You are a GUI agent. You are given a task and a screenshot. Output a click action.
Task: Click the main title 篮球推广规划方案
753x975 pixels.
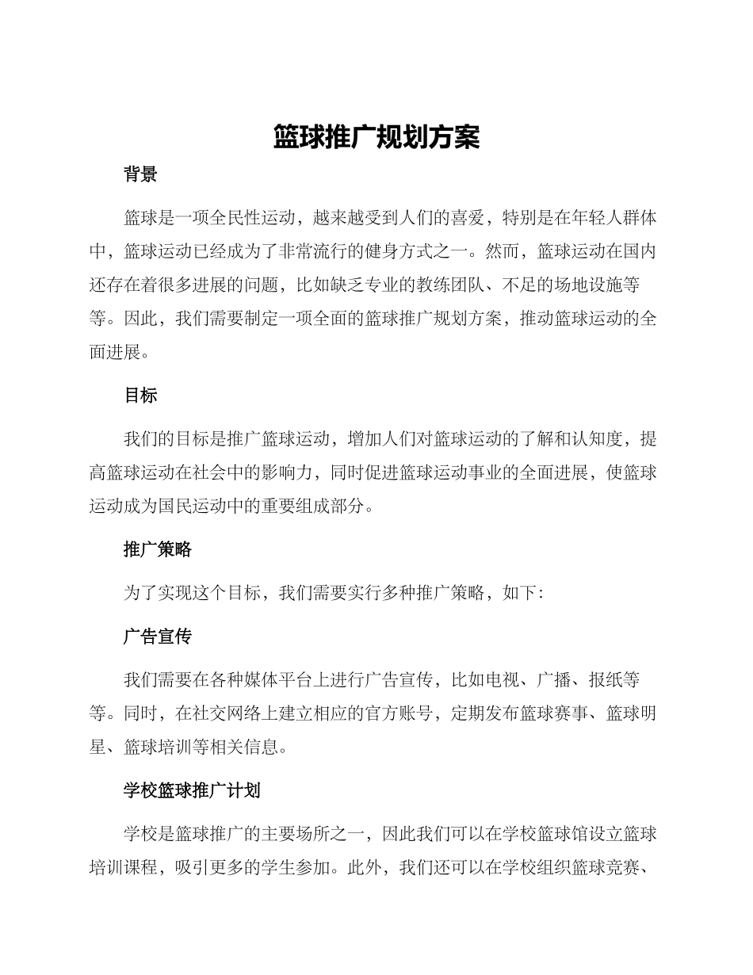(x=376, y=137)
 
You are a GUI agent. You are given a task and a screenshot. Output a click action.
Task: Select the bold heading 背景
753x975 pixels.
(x=141, y=175)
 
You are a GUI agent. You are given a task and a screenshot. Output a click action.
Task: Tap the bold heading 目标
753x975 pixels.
(x=141, y=396)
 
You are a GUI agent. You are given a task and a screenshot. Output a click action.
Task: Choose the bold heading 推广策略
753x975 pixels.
(x=158, y=549)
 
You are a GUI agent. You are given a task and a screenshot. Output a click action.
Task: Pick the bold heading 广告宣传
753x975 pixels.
(x=158, y=637)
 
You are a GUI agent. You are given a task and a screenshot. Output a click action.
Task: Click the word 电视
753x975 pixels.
(x=503, y=680)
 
